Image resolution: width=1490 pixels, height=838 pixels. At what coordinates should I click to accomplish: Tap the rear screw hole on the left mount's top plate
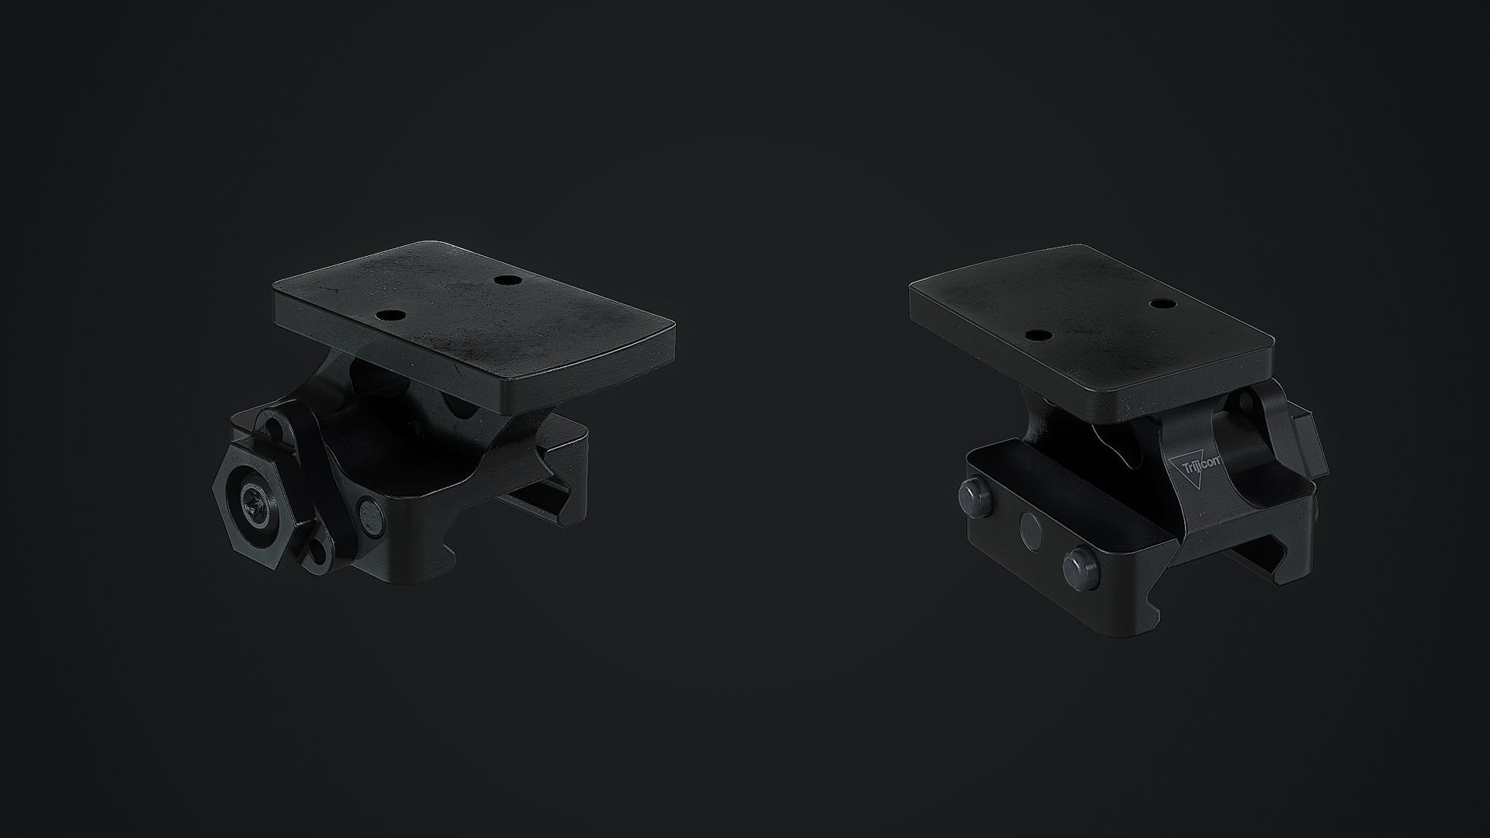509,279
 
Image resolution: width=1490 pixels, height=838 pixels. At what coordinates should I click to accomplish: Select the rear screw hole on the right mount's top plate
1162,303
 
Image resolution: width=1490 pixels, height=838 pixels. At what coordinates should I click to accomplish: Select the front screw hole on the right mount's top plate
1037,335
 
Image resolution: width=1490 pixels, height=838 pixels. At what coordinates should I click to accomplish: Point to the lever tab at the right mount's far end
1312,450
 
